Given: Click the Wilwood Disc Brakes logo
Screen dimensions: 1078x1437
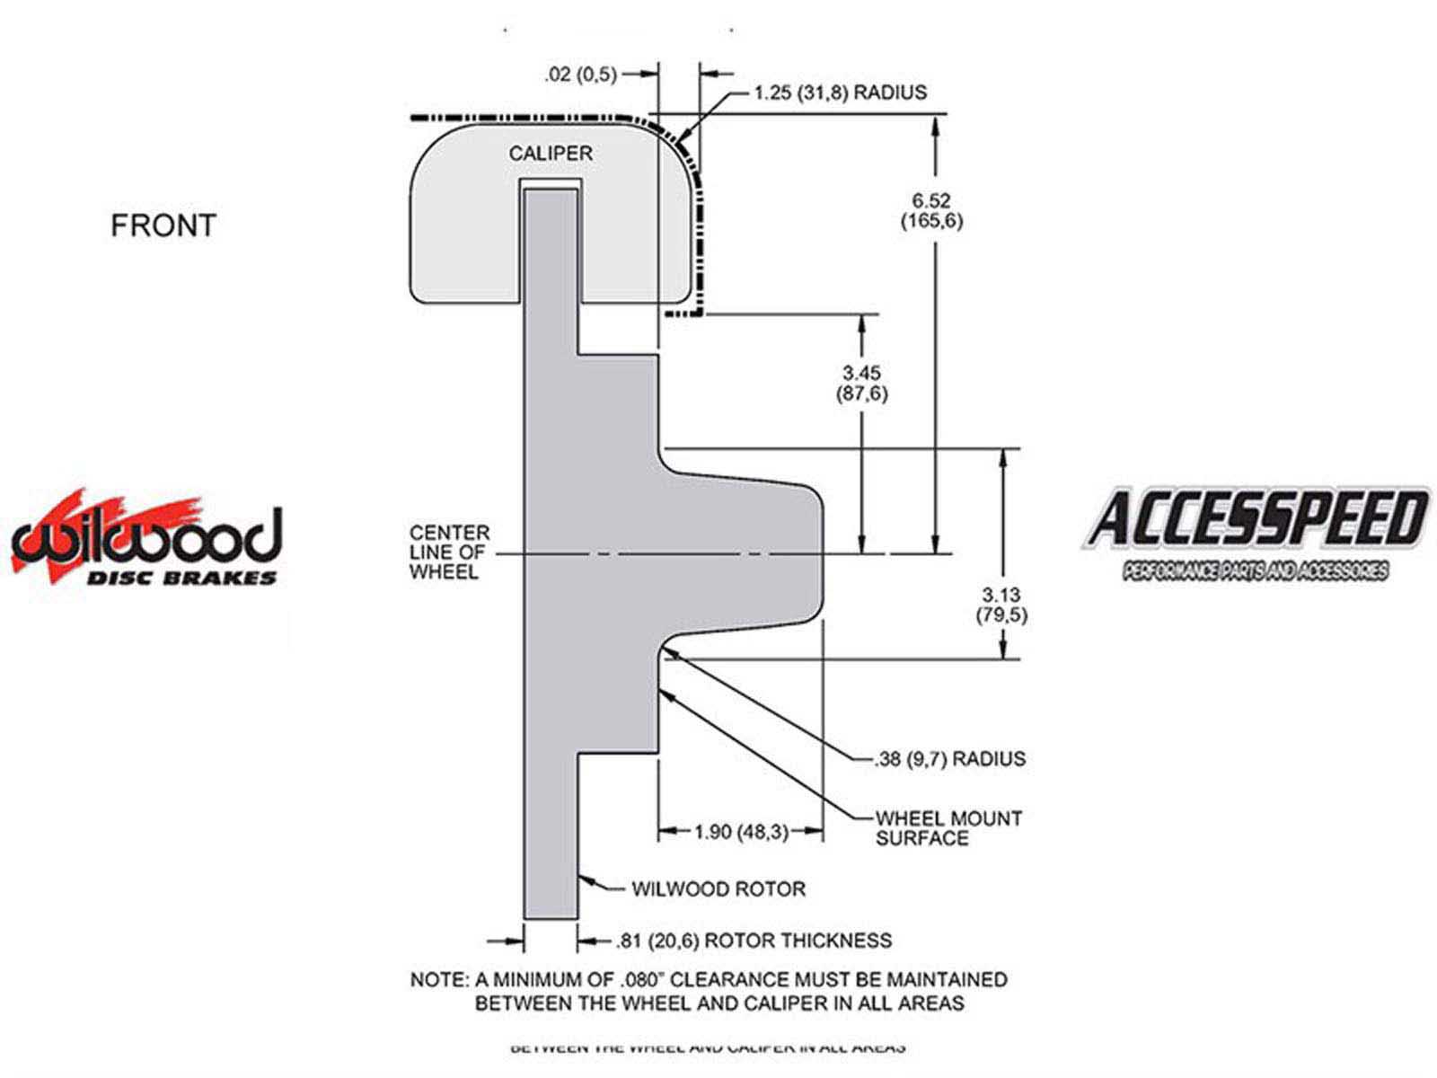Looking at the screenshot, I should [146, 539].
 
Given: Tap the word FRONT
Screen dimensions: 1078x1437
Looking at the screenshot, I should [163, 225].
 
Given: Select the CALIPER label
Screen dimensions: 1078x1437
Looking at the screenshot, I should [551, 154].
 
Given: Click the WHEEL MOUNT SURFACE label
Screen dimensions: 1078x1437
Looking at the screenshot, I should [948, 828].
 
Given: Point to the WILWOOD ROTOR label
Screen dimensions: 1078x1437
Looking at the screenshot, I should [718, 889].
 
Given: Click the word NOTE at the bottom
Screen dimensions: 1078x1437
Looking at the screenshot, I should [436, 979].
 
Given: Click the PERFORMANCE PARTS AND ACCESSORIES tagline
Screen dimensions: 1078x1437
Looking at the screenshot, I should [1255, 570].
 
